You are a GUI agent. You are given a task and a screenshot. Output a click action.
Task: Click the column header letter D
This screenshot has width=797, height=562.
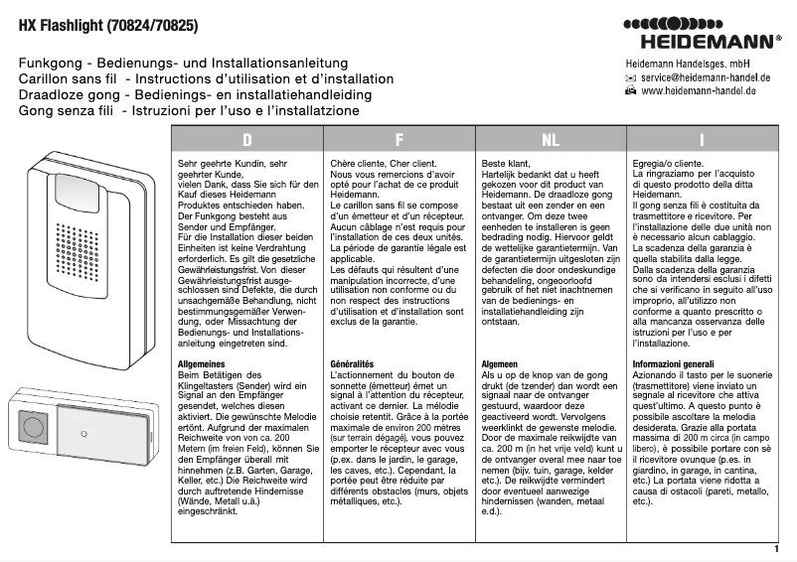(x=246, y=140)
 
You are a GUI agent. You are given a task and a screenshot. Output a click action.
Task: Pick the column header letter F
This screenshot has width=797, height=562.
(x=398, y=140)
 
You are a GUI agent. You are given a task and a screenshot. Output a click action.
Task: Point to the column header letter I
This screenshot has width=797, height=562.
(x=702, y=140)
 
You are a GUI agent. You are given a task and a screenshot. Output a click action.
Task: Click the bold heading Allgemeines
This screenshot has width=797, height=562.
(x=203, y=364)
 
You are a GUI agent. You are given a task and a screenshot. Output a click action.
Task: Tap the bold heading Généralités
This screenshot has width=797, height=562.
(x=352, y=364)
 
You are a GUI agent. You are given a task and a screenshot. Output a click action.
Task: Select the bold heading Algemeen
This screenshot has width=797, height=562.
(x=500, y=364)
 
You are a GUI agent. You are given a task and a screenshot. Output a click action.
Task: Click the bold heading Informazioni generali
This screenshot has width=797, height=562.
(x=673, y=364)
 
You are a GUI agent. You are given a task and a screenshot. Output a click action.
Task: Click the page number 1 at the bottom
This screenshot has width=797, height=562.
(x=775, y=548)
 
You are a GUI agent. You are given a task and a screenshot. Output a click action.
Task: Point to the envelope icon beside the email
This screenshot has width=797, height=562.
(x=630, y=77)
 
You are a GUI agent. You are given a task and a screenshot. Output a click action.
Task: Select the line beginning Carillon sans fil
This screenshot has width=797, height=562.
(x=206, y=78)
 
